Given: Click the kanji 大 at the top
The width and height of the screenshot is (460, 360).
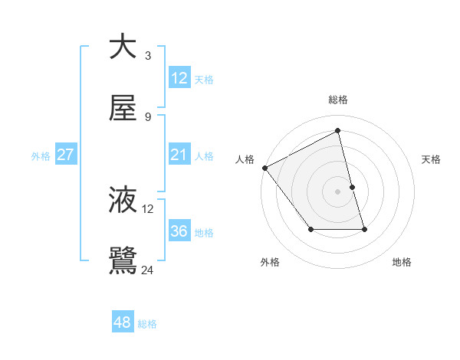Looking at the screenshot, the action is pos(123,47).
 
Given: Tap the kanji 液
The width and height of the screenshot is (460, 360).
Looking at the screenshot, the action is pos(123,200).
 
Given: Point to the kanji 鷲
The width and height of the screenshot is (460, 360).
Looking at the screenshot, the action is pos(123,261).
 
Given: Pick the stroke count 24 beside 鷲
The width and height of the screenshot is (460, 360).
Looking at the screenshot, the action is pos(148,270).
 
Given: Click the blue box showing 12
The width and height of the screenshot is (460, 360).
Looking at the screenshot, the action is pos(179,78).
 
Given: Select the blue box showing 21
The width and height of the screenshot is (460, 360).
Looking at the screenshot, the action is pos(179,155).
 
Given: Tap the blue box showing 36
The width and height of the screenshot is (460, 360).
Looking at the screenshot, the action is pos(179,231).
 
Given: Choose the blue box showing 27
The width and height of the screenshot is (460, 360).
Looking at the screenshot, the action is pos(66,155).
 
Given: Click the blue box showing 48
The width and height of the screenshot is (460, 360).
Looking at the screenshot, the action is pos(123,322).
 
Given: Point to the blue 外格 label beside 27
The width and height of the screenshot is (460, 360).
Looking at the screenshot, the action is pos(41,156).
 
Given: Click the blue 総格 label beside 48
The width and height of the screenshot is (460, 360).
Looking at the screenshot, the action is pos(147,324).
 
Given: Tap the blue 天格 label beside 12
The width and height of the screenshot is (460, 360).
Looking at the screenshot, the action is pos(204,80).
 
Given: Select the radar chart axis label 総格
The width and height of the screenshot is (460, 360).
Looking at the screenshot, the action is pos(338,100).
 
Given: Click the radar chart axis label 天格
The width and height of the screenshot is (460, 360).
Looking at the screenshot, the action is pos(432,159).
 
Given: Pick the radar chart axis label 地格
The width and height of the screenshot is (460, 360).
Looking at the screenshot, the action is pos(402,262).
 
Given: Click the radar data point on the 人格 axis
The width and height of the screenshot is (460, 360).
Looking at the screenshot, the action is pos(264,168).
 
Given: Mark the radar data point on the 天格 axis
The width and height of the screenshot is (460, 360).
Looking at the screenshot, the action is pos(352,187).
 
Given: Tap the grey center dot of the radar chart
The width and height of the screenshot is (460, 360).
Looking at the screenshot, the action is pos(338,191).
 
